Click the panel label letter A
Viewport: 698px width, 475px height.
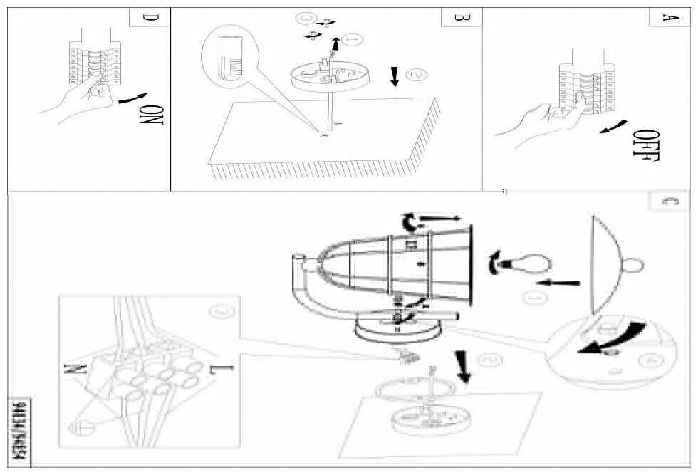667,18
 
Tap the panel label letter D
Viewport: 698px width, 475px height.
147,18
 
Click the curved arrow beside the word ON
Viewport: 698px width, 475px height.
132,100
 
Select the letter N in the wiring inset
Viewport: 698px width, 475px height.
81,369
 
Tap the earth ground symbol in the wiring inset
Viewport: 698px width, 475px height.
78,427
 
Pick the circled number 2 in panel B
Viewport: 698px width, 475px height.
415,74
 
